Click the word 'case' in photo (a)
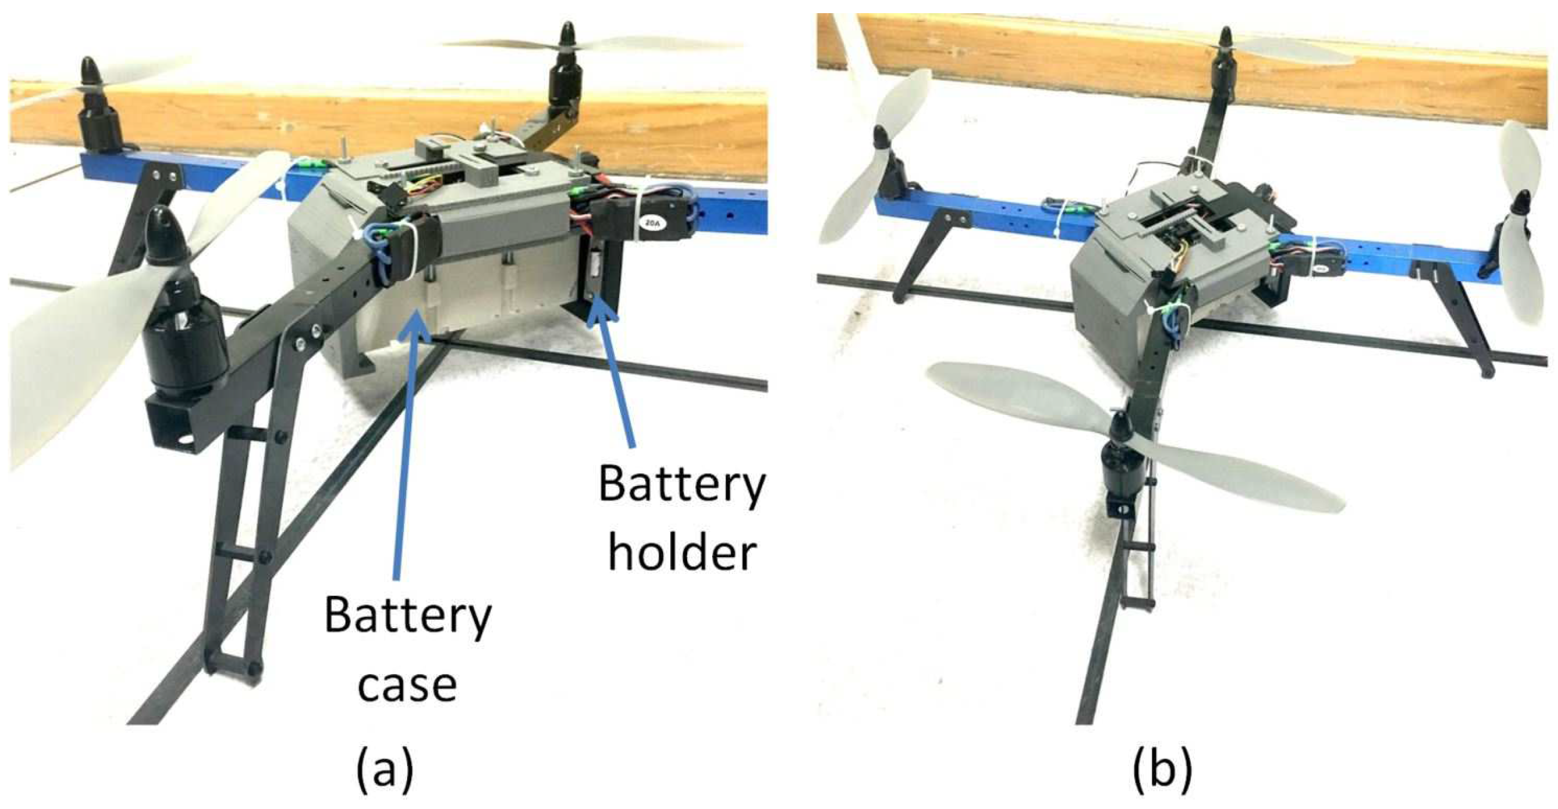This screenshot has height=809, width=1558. pyautogui.click(x=407, y=684)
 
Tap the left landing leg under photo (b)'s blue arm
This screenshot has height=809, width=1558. pyautogui.click(x=919, y=254)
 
